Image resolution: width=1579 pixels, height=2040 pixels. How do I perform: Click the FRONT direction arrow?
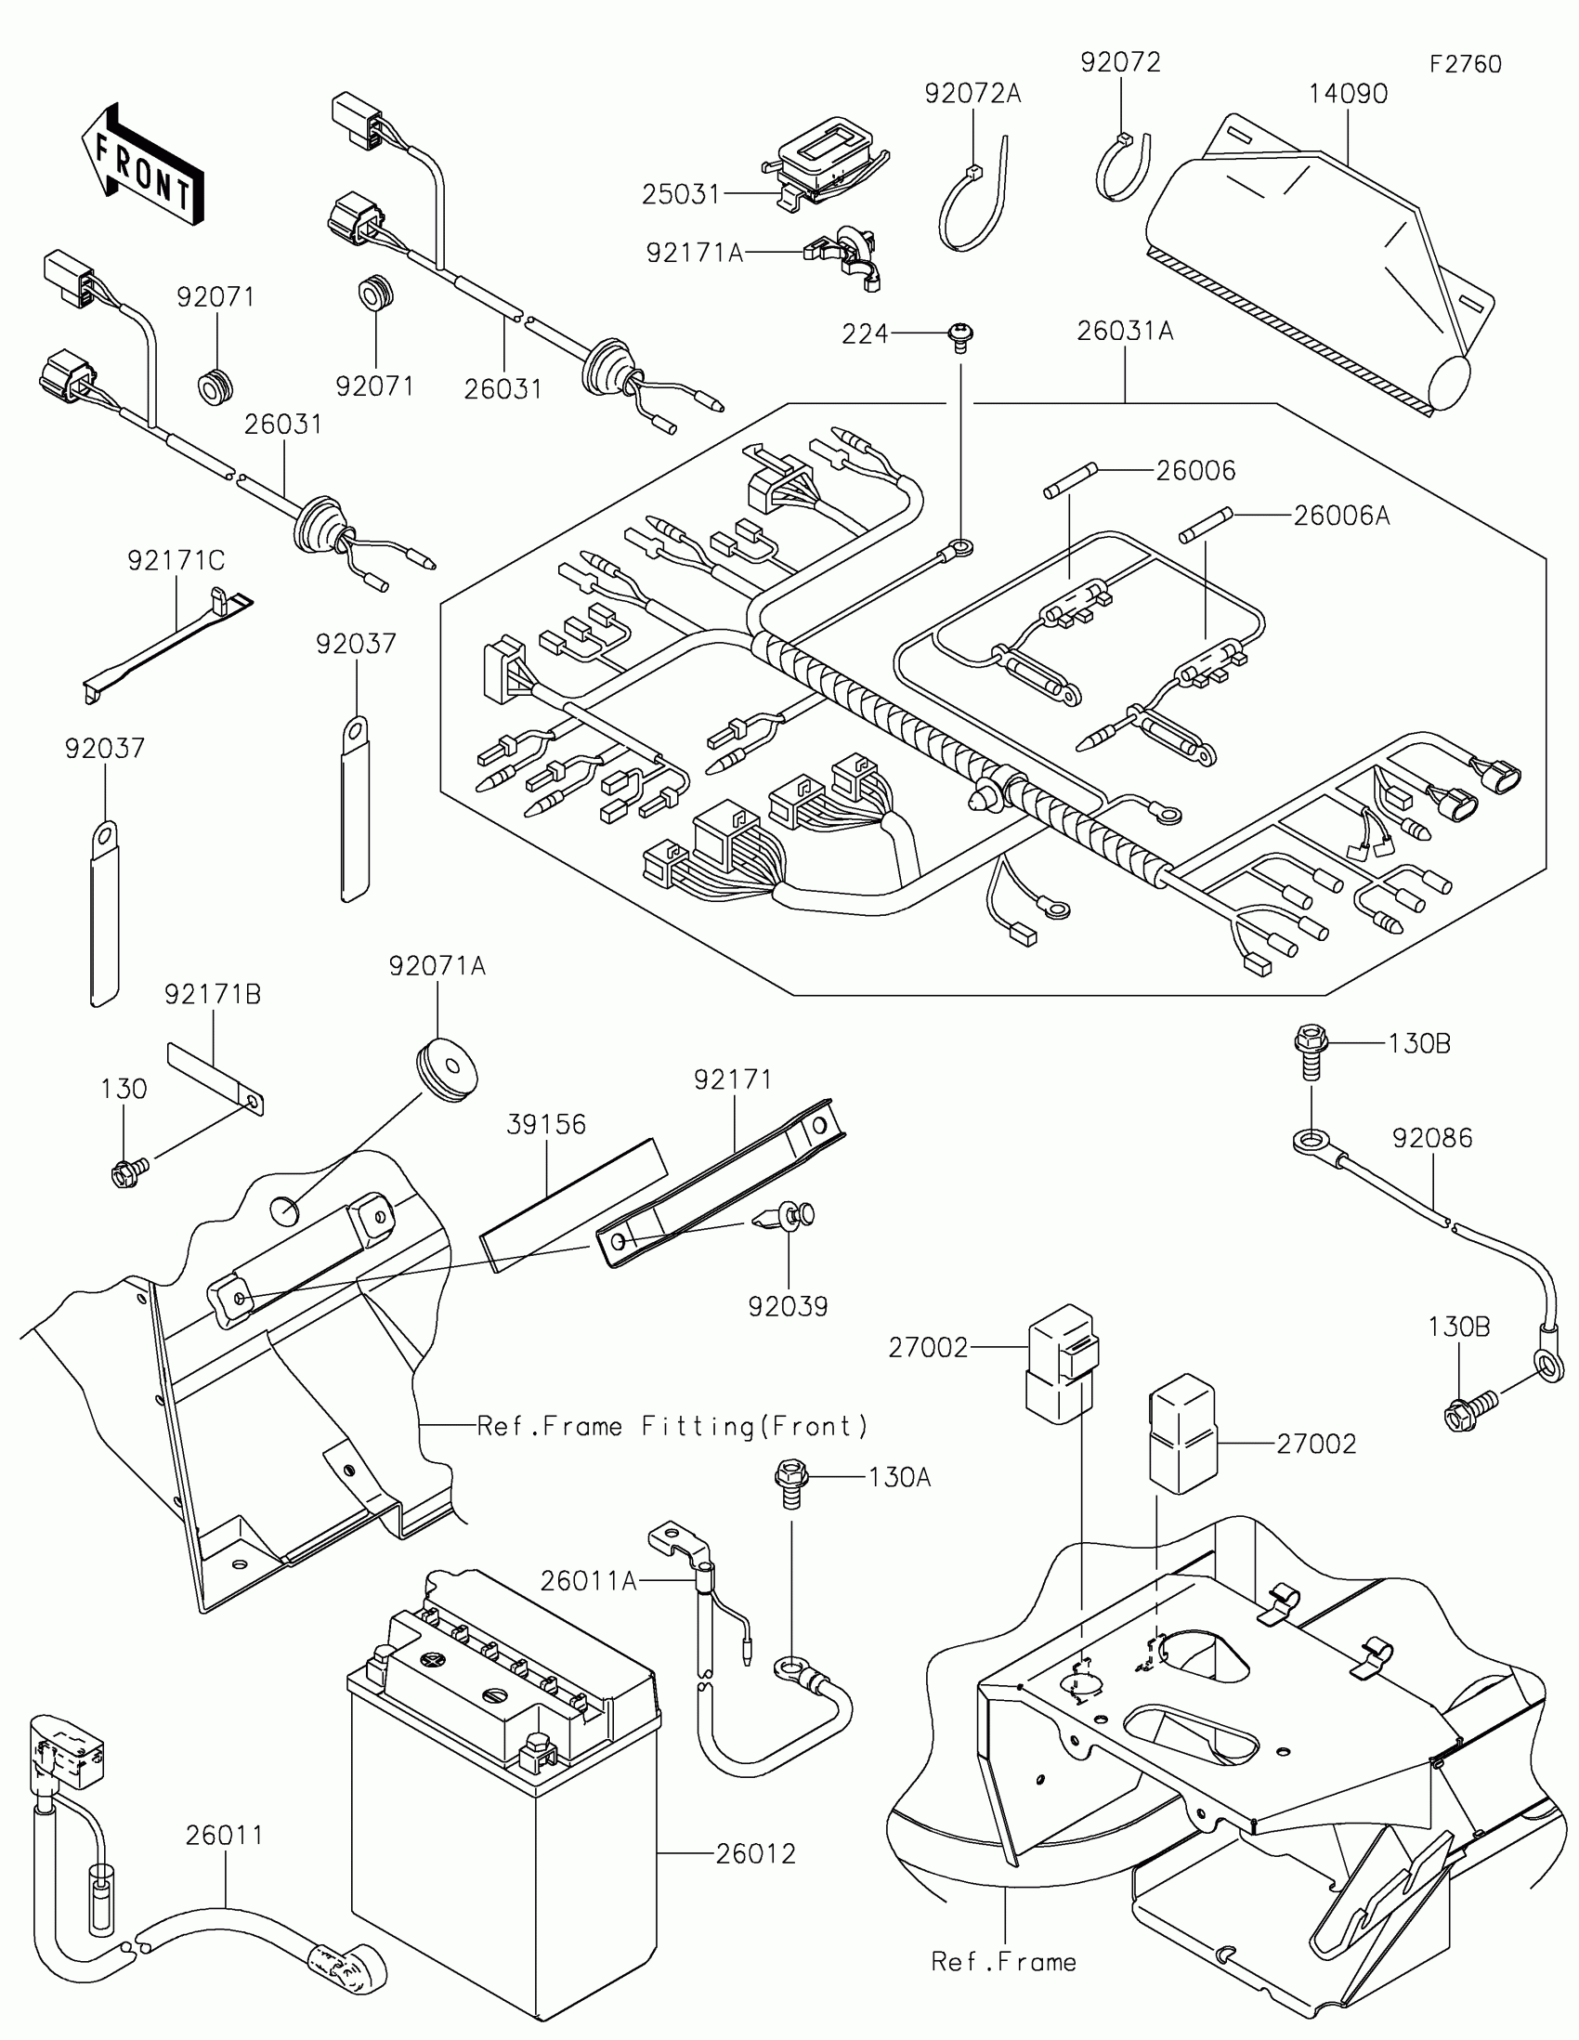[x=142, y=165]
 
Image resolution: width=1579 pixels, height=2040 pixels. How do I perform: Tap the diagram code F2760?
[x=1465, y=64]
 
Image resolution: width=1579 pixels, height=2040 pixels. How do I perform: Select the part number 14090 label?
[x=1348, y=95]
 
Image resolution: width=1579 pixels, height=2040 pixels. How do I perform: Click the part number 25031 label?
[x=681, y=194]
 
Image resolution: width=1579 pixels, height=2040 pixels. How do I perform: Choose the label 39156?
[x=546, y=1125]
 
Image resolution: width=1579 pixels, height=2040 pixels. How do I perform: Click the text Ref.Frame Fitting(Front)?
[x=672, y=1426]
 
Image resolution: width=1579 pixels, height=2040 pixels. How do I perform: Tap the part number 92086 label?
[x=1431, y=1139]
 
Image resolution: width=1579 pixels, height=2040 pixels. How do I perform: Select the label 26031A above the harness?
[x=1124, y=332]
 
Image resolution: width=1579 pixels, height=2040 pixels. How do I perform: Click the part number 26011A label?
[x=588, y=1581]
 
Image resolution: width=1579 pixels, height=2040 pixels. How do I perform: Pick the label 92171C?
[x=176, y=560]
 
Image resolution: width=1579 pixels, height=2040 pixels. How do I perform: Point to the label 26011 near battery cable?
[x=224, y=1836]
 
